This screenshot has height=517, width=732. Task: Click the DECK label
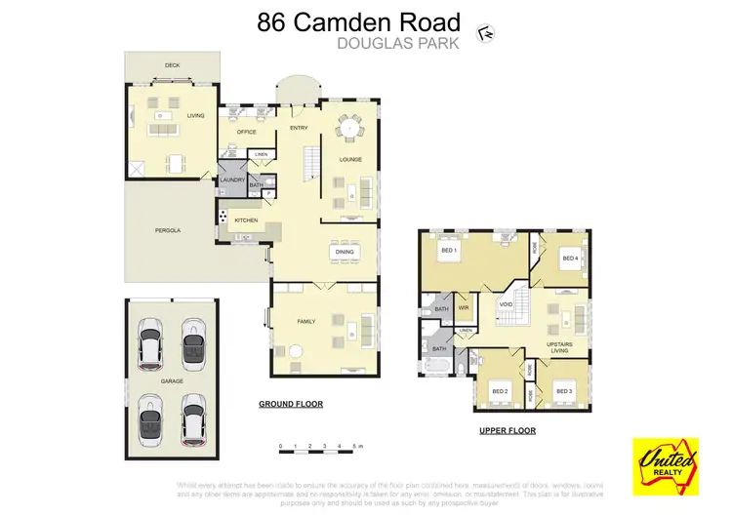172,65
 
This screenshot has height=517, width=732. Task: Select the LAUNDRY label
231,179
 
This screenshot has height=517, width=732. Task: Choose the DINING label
344,253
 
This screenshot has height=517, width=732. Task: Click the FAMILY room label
305,321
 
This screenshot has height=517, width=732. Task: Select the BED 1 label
448,253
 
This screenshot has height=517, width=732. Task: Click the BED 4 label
569,258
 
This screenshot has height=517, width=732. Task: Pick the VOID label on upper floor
506,304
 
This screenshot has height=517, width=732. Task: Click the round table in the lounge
349,126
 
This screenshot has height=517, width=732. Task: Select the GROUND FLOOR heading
290,404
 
